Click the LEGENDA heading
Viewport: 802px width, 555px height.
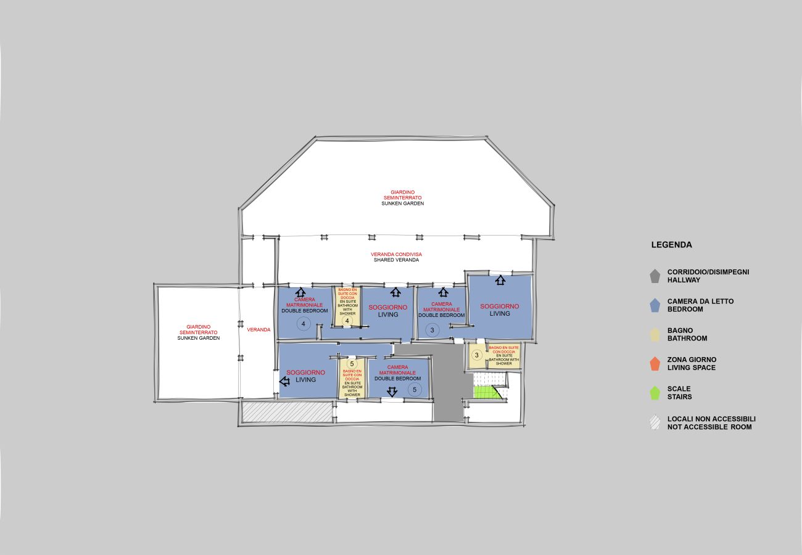pos(671,245)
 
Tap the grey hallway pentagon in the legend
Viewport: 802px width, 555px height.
pos(655,276)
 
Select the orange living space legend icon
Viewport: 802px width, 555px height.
pos(655,364)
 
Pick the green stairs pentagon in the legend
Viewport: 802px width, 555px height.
pos(655,393)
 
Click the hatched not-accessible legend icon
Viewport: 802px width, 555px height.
pos(655,422)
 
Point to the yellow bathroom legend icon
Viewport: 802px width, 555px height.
pos(655,335)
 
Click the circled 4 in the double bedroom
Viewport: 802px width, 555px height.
pos(304,324)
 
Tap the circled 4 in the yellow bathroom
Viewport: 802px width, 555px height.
pos(347,321)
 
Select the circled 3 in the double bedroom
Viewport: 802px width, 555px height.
pos(432,330)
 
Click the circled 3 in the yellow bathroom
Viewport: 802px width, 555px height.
pos(476,355)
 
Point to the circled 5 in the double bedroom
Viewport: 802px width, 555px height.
pos(415,390)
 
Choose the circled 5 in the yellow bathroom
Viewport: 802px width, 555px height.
pos(352,364)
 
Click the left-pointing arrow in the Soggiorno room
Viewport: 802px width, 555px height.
pos(284,382)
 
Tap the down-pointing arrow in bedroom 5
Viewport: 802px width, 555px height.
pos(392,392)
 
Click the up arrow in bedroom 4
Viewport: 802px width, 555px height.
pos(300,292)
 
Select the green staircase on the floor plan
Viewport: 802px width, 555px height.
pos(487,392)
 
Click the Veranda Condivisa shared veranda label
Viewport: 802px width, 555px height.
pos(396,257)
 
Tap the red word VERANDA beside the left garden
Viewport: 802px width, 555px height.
pos(258,329)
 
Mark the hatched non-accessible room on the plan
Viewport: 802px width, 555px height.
pos(287,412)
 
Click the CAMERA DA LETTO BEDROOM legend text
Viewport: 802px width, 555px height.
pos(700,305)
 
